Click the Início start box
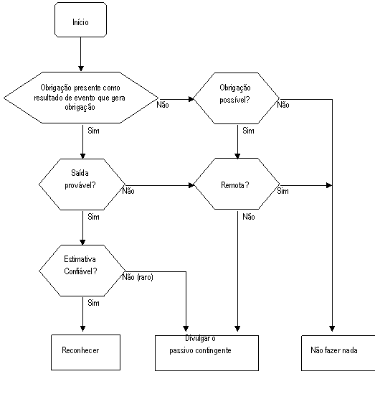(x=80, y=19)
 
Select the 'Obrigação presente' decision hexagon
(x=81, y=98)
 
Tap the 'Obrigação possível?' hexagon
(x=236, y=98)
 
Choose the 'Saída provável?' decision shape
(x=82, y=184)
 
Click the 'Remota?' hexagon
(x=236, y=184)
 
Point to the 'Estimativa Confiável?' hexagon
(x=82, y=271)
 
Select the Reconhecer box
(x=85, y=352)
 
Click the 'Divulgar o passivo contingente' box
(x=207, y=353)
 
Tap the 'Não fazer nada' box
(x=338, y=353)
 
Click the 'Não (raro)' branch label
(x=138, y=277)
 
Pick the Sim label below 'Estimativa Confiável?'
(x=94, y=303)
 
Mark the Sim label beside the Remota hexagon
(x=283, y=191)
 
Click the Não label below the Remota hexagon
(x=249, y=217)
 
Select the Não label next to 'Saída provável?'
(x=128, y=191)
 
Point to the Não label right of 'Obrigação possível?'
(x=283, y=105)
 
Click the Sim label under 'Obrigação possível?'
(x=248, y=131)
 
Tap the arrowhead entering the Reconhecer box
(x=82, y=329)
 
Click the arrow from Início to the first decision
(x=80, y=54)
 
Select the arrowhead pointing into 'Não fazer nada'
(x=332, y=329)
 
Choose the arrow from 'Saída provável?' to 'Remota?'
(x=159, y=185)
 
